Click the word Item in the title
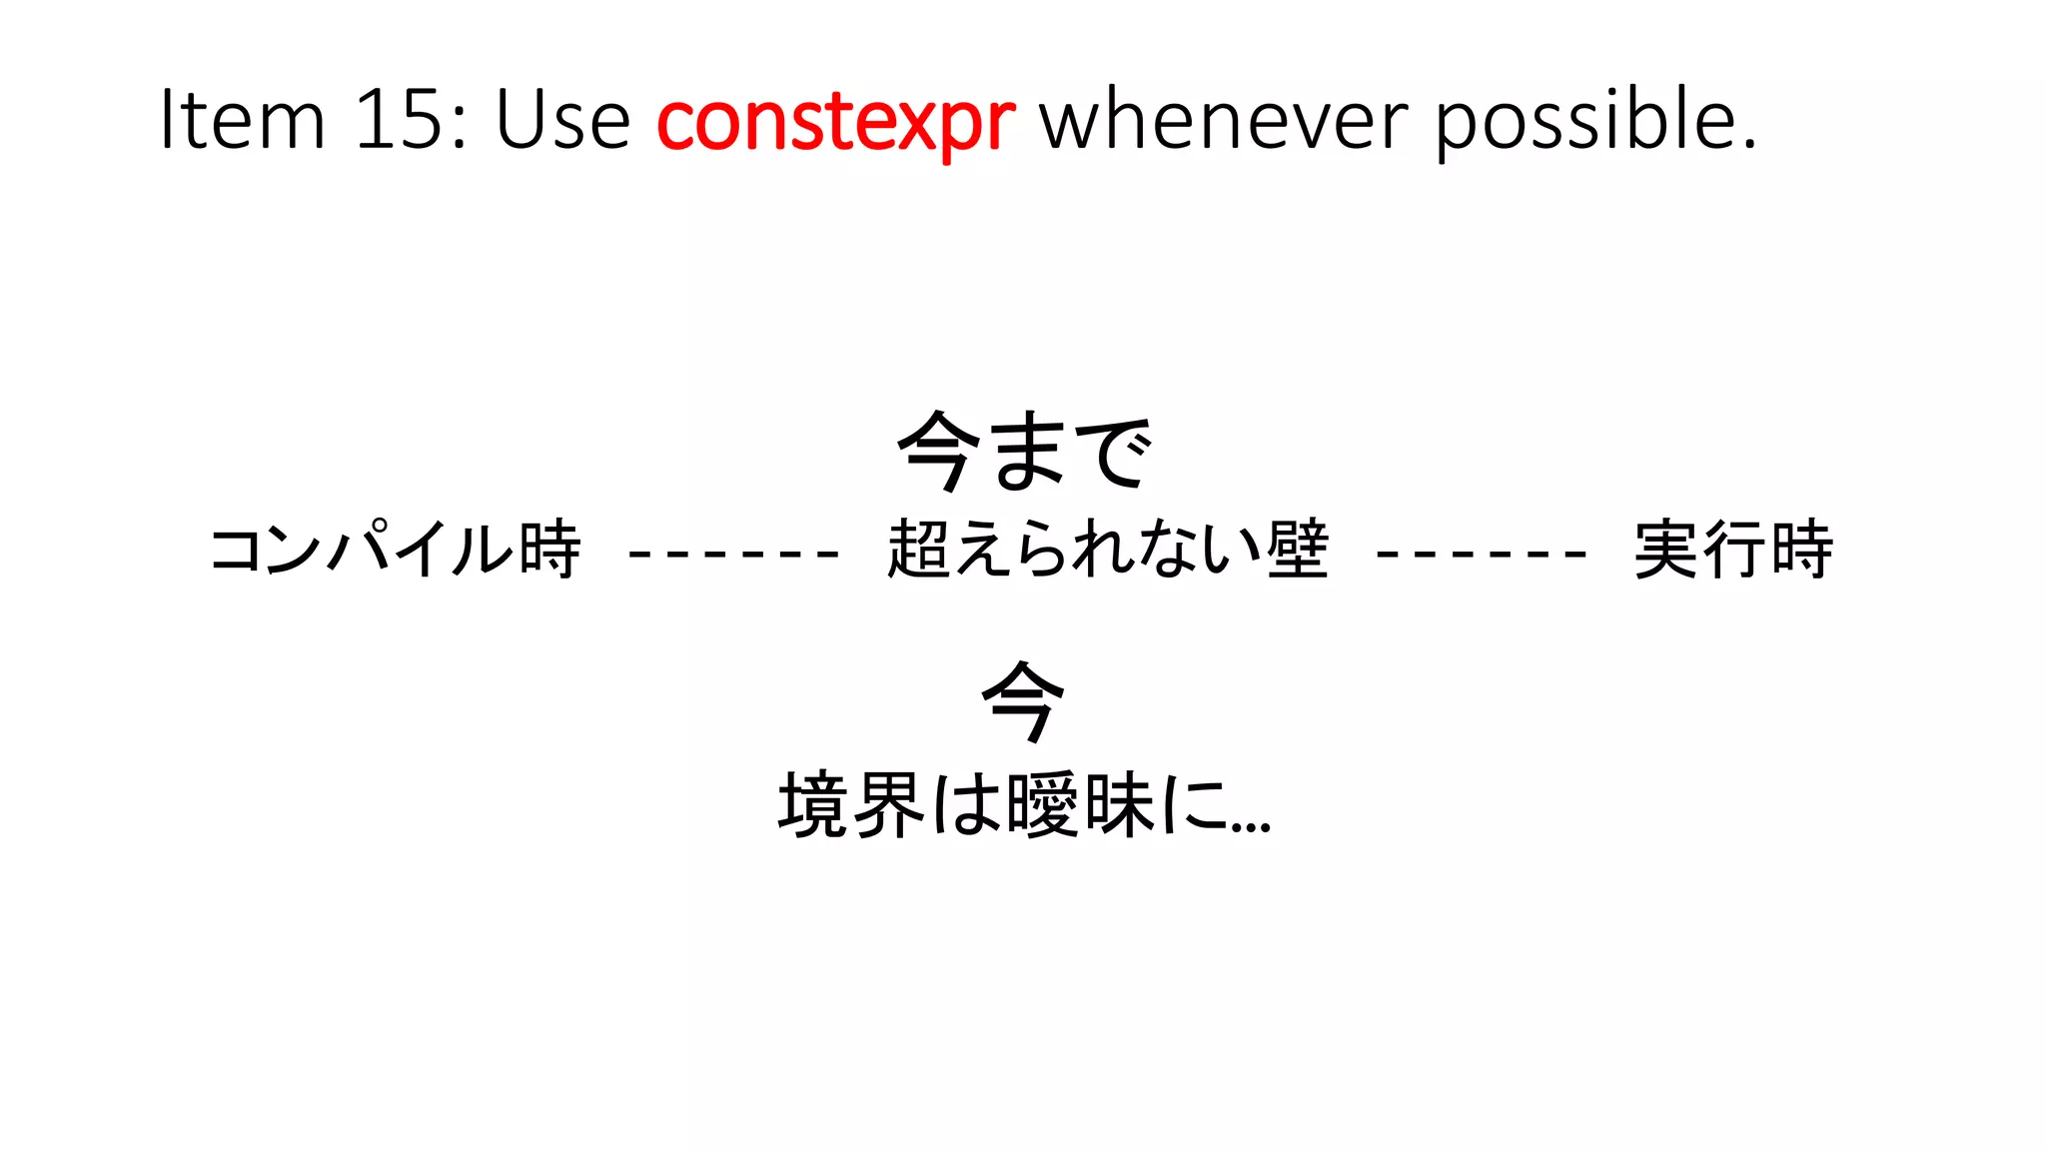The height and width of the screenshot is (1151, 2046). pyautogui.click(x=243, y=120)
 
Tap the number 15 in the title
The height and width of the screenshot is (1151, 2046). pyautogui.click(x=398, y=120)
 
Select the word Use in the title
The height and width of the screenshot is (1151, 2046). pyautogui.click(x=562, y=120)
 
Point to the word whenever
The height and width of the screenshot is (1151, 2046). pyautogui.click(x=1223, y=120)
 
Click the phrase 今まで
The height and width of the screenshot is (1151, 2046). pyautogui.click(x=1024, y=452)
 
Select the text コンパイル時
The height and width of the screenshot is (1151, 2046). pyautogui.click(x=396, y=550)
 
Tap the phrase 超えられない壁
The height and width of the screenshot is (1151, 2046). pyautogui.click(x=1108, y=550)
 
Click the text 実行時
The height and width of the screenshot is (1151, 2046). pyautogui.click(x=1733, y=550)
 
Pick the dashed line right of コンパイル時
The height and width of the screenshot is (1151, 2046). pyautogui.click(x=733, y=552)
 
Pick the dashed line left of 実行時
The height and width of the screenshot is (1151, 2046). pyautogui.click(x=1482, y=552)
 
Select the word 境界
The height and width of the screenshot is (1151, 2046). pyautogui.click(x=850, y=805)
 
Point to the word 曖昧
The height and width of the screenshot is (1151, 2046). pyautogui.click(x=1080, y=805)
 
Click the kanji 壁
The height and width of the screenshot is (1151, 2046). pyautogui.click(x=1298, y=550)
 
